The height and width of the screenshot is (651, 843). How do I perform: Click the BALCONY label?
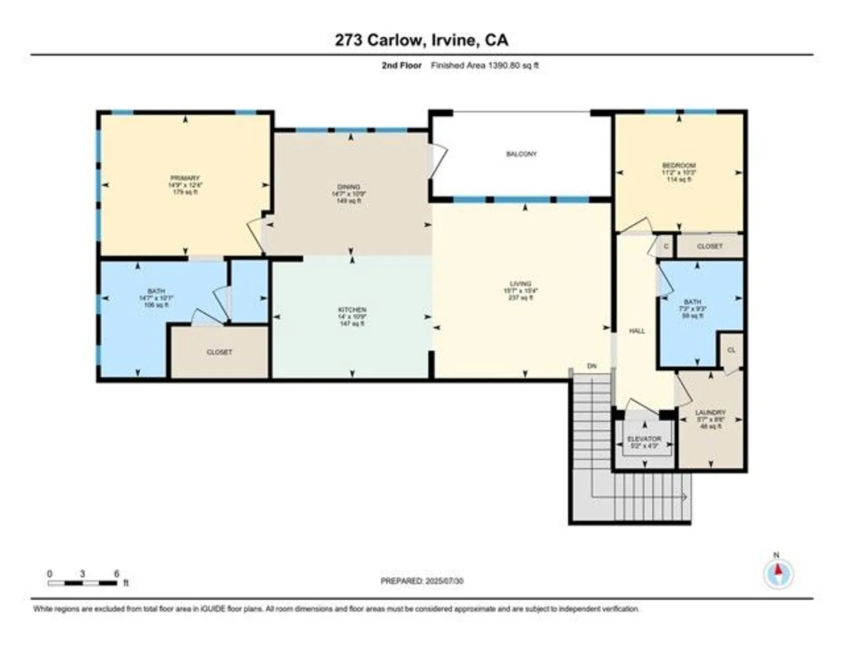click(x=521, y=154)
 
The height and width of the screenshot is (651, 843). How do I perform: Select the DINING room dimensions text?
click(x=349, y=194)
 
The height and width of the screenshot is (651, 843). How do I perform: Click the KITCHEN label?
click(x=352, y=310)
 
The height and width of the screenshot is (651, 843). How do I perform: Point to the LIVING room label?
click(x=520, y=284)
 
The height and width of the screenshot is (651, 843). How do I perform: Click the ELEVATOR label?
click(x=644, y=439)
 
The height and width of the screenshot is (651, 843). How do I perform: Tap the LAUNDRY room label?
click(x=710, y=412)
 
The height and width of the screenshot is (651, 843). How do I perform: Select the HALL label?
click(x=637, y=331)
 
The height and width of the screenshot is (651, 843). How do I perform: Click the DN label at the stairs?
click(x=592, y=366)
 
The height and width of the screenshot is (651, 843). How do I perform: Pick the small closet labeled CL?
click(x=731, y=350)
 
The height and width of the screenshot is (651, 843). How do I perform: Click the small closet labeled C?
click(x=666, y=247)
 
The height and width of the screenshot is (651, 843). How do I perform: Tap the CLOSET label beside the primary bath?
click(x=219, y=352)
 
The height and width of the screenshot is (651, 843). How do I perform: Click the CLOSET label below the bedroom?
click(x=710, y=246)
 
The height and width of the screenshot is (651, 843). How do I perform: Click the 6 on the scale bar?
click(x=116, y=574)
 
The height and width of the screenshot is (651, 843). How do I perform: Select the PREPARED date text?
click(x=422, y=581)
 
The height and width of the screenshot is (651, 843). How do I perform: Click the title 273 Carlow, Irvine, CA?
click(x=421, y=40)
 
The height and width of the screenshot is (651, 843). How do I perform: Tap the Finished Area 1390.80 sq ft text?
click(x=485, y=66)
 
